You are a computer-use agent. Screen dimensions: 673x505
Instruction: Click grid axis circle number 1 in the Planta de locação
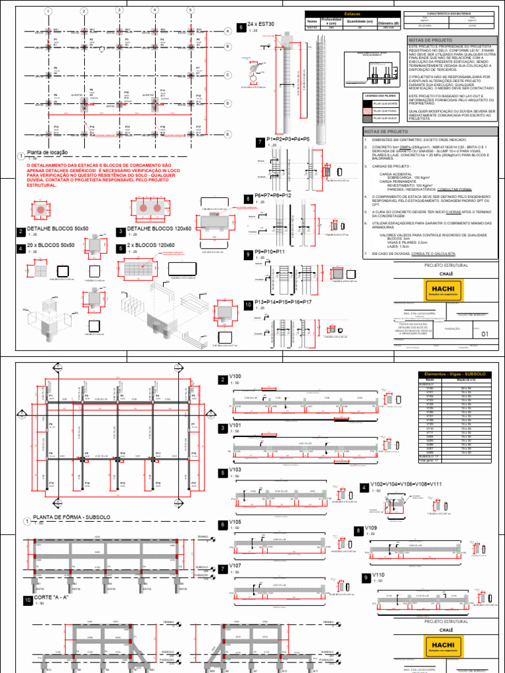[48, 12]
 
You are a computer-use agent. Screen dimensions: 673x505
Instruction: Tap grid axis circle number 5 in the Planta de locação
[189, 11]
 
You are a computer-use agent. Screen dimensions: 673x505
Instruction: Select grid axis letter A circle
[228, 32]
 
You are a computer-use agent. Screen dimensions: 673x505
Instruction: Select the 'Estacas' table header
[352, 14]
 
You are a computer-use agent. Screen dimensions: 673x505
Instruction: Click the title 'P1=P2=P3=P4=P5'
[288, 139]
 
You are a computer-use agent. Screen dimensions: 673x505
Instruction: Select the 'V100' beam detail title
[235, 377]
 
